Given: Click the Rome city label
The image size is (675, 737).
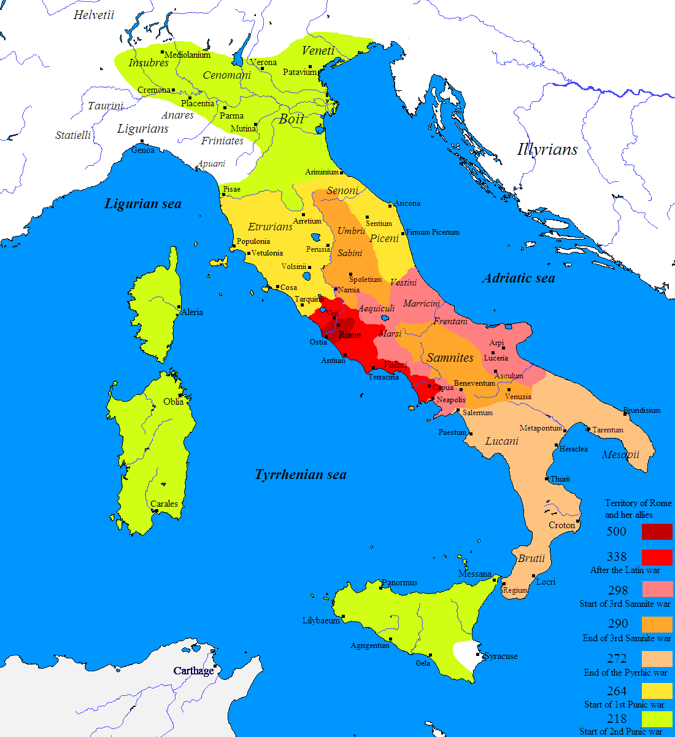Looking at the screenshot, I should pyautogui.click(x=350, y=335).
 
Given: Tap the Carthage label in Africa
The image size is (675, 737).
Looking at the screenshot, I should pyautogui.click(x=193, y=671).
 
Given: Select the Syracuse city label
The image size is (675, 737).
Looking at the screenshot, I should pyautogui.click(x=501, y=656).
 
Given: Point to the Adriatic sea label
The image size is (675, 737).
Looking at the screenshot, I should pyautogui.click(x=519, y=278).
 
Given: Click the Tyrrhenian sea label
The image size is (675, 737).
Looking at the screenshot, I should pyautogui.click(x=301, y=475).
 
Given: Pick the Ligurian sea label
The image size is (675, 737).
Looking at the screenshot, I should pyautogui.click(x=143, y=204).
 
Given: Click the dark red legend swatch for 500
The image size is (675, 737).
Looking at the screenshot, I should pyautogui.click(x=657, y=532).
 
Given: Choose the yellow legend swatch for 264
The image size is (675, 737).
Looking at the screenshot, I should pyautogui.click(x=657, y=691).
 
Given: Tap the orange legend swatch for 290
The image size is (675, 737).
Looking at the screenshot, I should pyautogui.click(x=657, y=624).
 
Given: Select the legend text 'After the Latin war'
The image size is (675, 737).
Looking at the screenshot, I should pyautogui.click(x=625, y=570).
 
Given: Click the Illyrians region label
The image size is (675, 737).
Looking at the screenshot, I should pyautogui.click(x=547, y=149).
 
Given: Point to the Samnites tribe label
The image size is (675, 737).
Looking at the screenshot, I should pyautogui.click(x=450, y=357).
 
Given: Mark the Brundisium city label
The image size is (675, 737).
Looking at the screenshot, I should pyautogui.click(x=642, y=410).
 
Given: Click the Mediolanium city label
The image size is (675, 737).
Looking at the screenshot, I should pyautogui.click(x=188, y=55).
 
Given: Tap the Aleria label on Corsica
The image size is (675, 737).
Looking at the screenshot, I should pyautogui.click(x=192, y=312).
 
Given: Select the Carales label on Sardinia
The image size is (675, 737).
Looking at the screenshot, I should pyautogui.click(x=164, y=504).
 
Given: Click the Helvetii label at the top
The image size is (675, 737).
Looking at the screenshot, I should pyautogui.click(x=94, y=15).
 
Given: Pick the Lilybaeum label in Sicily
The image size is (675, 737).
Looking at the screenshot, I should pyautogui.click(x=321, y=620).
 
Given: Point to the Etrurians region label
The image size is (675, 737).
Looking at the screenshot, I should pyautogui.click(x=271, y=227).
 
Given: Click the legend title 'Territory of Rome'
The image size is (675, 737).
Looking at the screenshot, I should pyautogui.click(x=638, y=503).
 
